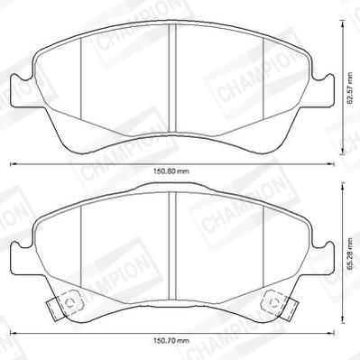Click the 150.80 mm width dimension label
coord(171,171)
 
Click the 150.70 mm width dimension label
coord(171,341)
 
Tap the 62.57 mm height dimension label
coord(349,88)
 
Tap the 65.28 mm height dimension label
coord(349,255)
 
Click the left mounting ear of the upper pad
coord(21,91)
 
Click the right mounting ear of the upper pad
coord(323,91)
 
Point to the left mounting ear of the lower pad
coord(21,259)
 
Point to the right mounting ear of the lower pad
coord(323,259)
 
